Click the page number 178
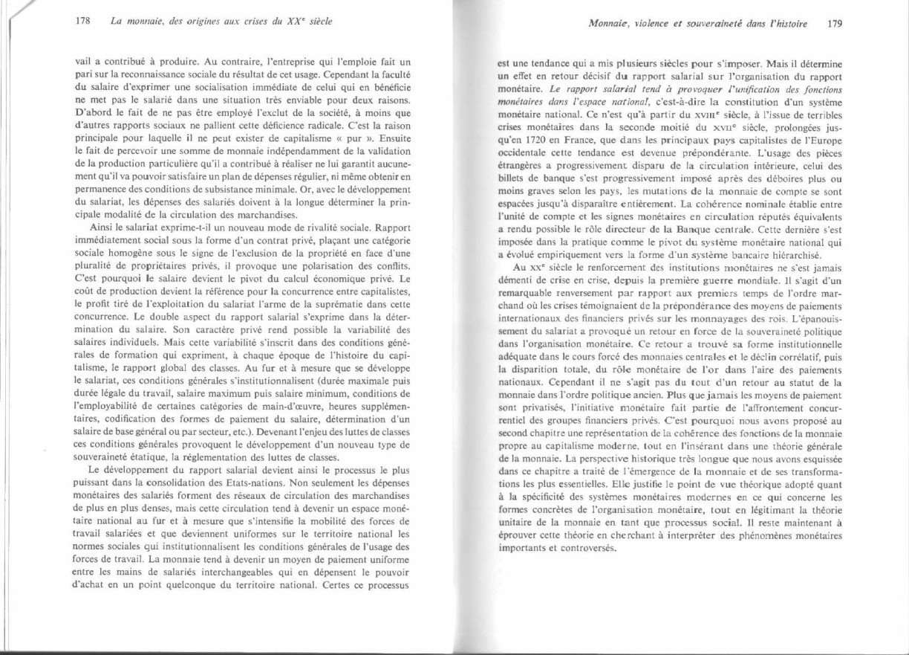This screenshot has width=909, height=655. click(x=82, y=21)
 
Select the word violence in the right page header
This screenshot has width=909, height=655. click(x=655, y=23)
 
